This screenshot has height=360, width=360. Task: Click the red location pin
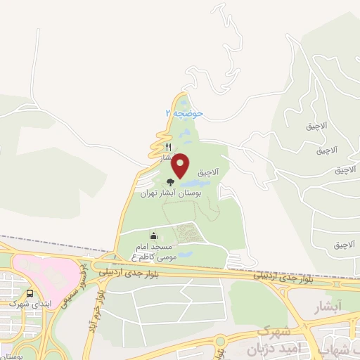tap(181, 165)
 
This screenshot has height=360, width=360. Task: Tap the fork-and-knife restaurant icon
tap(167, 148)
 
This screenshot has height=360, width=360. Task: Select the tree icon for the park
tap(170, 181)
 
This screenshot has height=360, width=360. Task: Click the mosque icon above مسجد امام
tap(154, 236)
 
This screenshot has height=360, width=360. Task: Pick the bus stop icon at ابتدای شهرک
tap(31, 294)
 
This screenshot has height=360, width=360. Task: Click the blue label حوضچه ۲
tap(184, 112)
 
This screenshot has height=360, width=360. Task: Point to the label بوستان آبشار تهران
tap(171, 192)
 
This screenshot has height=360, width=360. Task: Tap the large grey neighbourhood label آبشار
tap(325, 307)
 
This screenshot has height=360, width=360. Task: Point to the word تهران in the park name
tap(148, 193)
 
